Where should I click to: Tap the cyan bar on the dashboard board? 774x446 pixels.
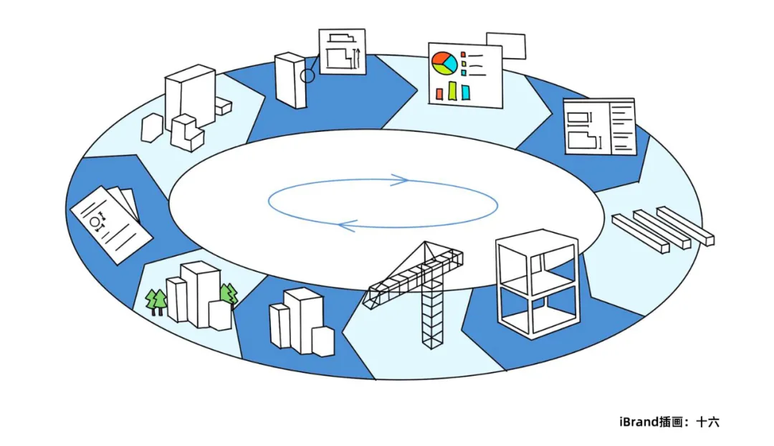pos(467,92)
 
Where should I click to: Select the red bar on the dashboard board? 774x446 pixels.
pos(439,94)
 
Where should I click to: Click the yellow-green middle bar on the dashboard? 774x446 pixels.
pos(453,90)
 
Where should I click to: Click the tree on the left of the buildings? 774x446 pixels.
pos(156,300)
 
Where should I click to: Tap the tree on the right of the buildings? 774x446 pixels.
pos(229,295)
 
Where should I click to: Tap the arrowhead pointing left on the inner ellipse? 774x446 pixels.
pos(346,227)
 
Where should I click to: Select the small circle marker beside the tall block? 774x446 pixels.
pos(307,75)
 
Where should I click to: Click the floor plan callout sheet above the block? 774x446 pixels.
pos(342,52)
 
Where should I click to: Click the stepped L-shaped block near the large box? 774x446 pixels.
pos(187,133)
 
